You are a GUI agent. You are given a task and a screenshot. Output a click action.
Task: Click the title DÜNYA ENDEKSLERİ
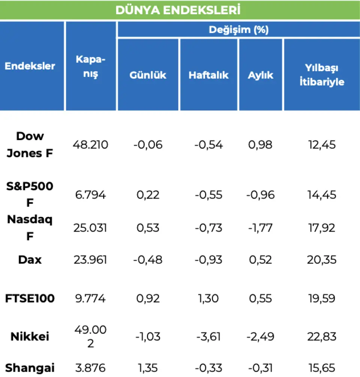(178, 10)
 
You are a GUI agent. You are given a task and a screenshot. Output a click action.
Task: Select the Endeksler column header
(30, 66)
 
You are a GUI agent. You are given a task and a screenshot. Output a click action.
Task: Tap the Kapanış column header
(90, 66)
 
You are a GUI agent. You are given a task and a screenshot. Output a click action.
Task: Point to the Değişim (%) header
(238, 30)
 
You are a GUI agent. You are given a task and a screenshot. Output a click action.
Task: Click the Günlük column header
(148, 75)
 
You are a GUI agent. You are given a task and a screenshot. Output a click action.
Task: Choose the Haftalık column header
(208, 75)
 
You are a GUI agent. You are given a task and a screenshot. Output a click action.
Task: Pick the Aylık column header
(260, 75)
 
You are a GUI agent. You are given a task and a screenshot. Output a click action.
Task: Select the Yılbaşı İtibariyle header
(322, 75)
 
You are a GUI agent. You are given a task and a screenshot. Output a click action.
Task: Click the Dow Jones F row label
(30, 145)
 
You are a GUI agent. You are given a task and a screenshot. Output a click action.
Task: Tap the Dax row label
(30, 260)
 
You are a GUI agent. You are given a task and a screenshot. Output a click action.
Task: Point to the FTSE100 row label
(30, 299)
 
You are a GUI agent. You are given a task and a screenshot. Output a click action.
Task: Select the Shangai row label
(30, 368)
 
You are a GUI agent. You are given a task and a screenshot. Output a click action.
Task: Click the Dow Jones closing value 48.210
(90, 145)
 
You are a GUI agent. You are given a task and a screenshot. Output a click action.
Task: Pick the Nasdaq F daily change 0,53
(148, 228)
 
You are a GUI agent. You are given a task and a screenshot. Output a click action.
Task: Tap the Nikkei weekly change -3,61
(208, 337)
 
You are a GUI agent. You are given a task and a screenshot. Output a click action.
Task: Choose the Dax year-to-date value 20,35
(321, 260)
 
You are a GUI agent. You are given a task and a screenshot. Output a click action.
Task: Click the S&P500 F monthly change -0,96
(260, 195)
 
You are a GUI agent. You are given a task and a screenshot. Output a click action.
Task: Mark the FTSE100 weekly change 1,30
(208, 299)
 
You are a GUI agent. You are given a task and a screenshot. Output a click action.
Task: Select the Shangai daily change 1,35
(148, 368)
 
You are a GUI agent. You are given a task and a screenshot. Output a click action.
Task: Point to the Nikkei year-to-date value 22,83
(321, 337)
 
